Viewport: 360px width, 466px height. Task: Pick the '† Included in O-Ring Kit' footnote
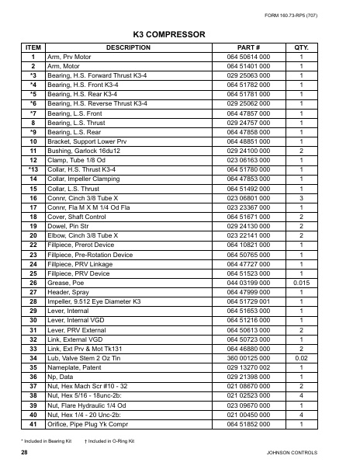point(109,441)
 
